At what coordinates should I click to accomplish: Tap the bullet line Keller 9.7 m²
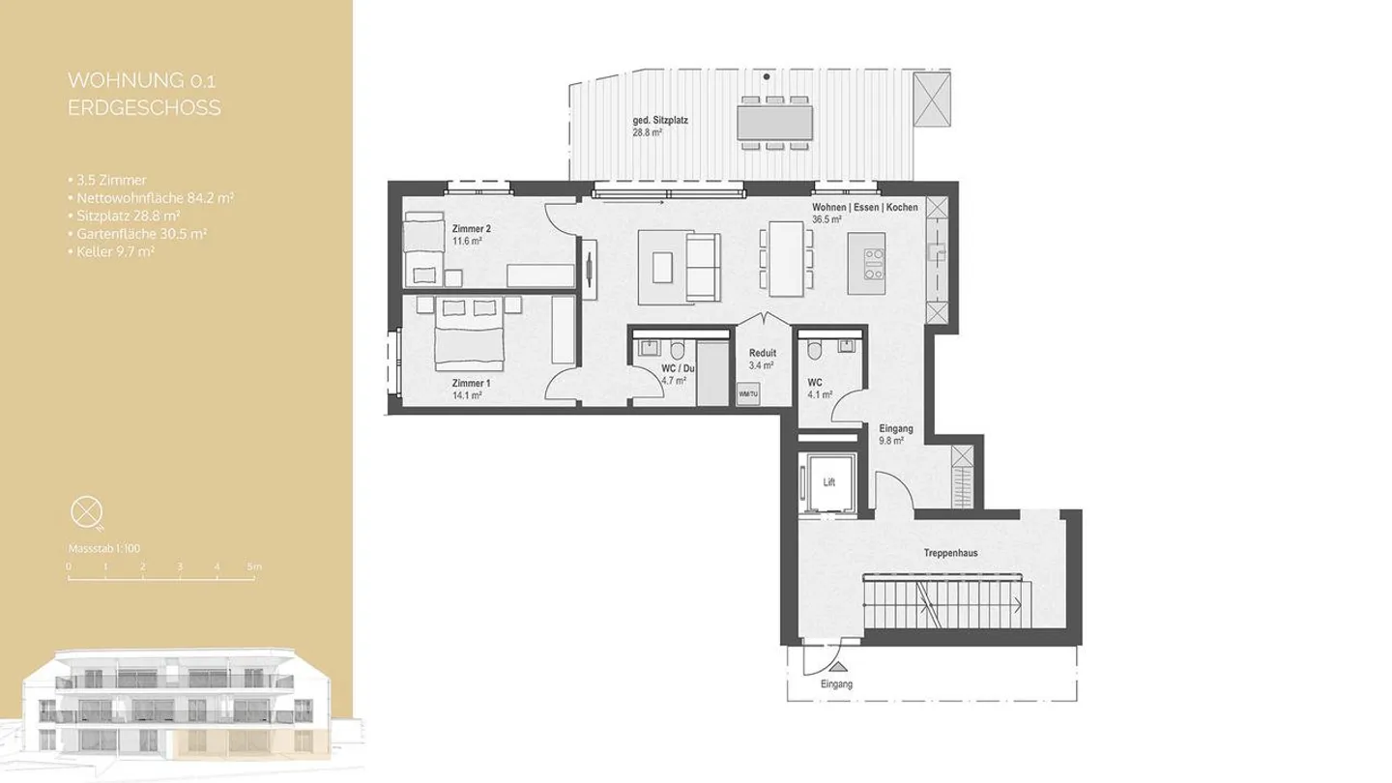coord(114,251)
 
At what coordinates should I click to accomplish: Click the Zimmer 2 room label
coord(471,228)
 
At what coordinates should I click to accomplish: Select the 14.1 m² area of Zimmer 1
coord(471,395)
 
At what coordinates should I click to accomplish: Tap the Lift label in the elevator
coord(828,480)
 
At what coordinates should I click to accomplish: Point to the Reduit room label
coord(762,354)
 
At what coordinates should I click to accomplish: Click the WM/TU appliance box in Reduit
coord(746,394)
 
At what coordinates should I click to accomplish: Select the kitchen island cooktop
coord(874,264)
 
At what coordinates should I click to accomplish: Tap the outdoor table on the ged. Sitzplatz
coord(774,121)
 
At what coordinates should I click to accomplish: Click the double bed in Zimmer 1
coord(469,341)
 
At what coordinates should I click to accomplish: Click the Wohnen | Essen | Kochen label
coord(865,208)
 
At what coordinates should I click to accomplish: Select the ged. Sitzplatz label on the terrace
coord(660,119)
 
